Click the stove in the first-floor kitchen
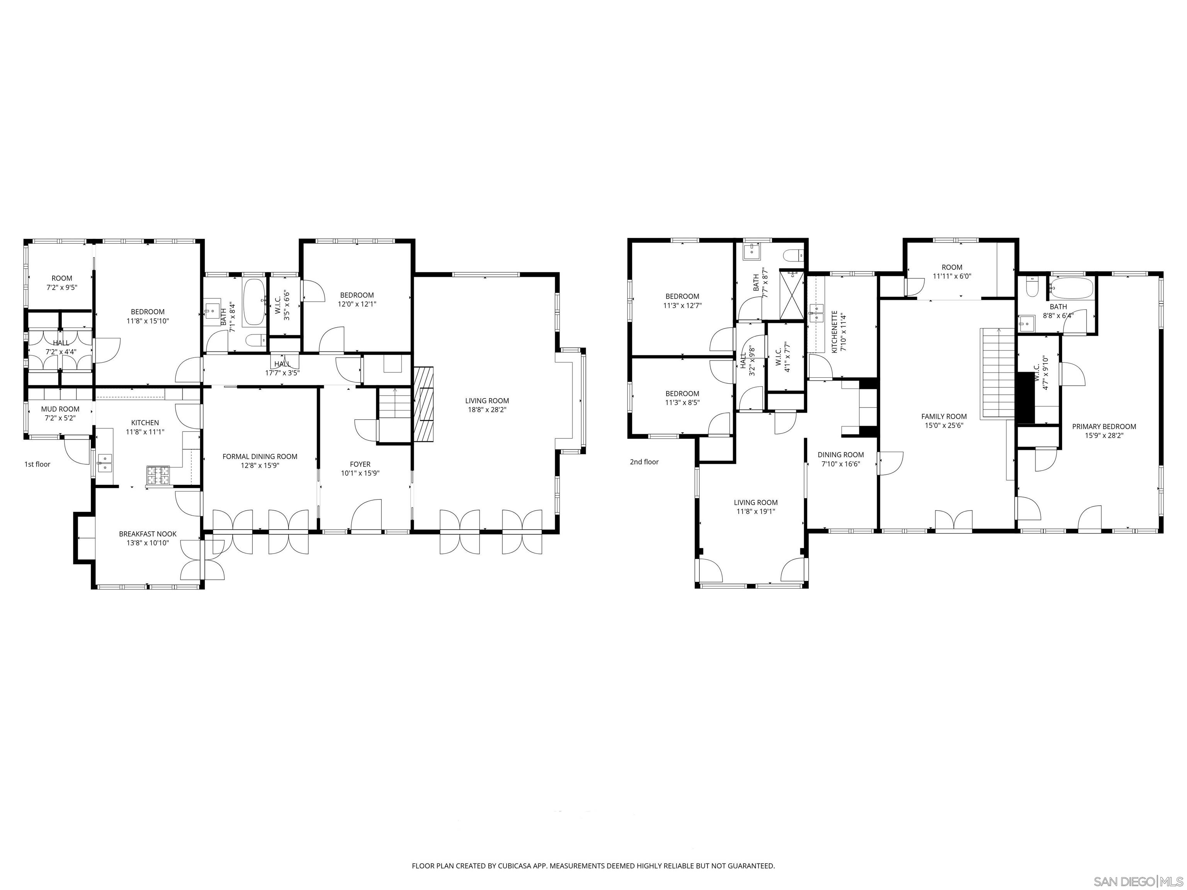pyautogui.click(x=158, y=475)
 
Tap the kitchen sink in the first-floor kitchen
pyautogui.click(x=105, y=462)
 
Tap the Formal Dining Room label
pyautogui.click(x=260, y=457)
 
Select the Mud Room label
pyautogui.click(x=60, y=409)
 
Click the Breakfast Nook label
pyautogui.click(x=148, y=534)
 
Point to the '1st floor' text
pyautogui.click(x=37, y=464)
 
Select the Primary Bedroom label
pyautogui.click(x=1104, y=426)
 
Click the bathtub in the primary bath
pyautogui.click(x=1071, y=288)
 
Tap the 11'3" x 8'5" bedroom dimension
pyautogui.click(x=682, y=403)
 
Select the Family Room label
pyautogui.click(x=944, y=416)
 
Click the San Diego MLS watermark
pyautogui.click(x=1138, y=882)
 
